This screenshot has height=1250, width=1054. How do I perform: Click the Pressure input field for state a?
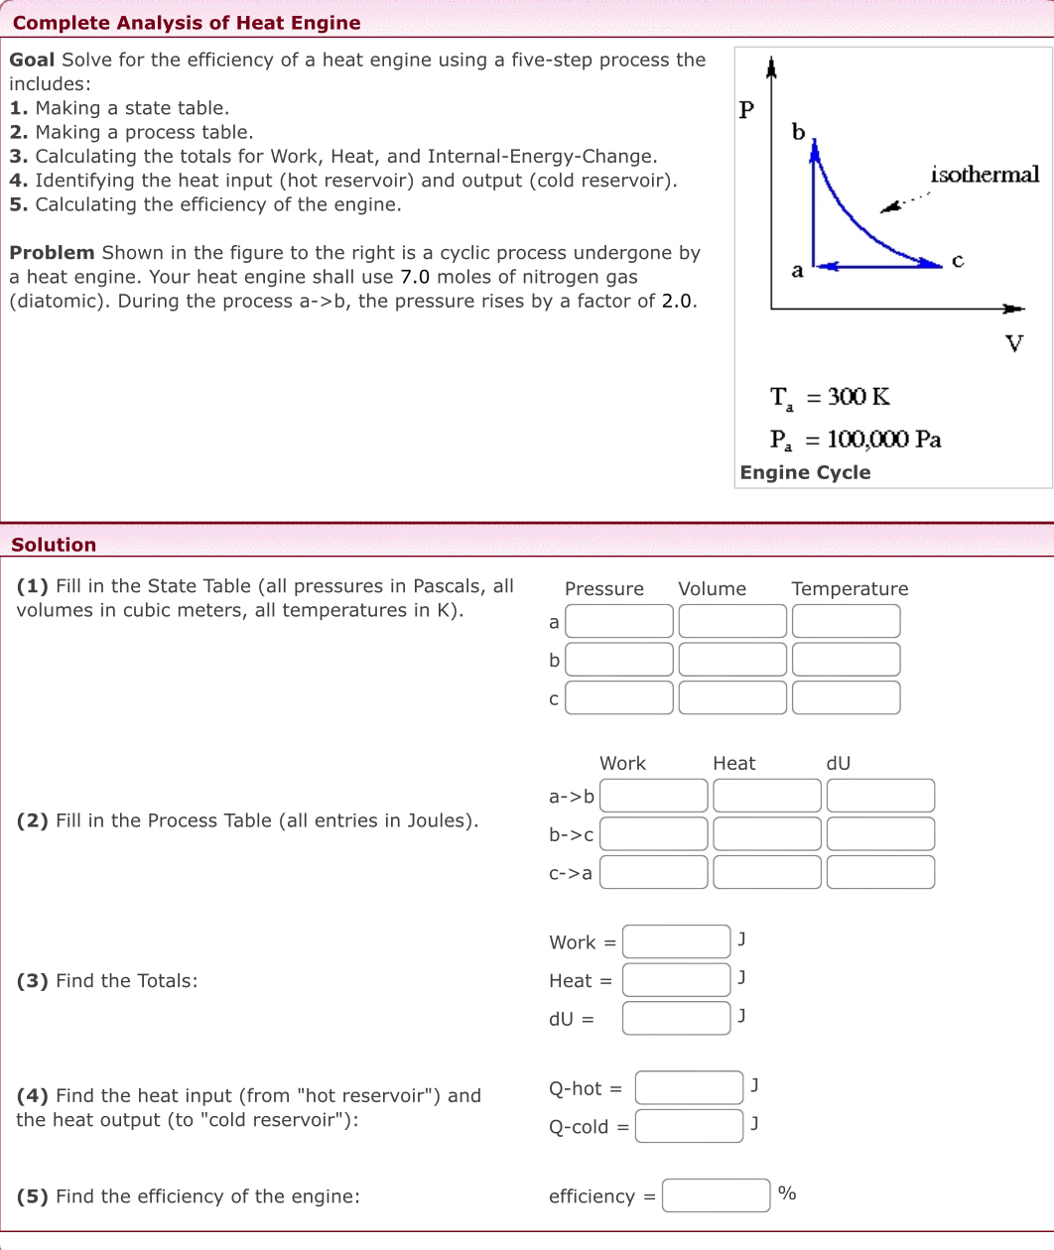(x=619, y=621)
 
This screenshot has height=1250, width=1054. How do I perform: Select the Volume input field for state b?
(x=732, y=660)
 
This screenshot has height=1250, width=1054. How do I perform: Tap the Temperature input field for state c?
(x=846, y=697)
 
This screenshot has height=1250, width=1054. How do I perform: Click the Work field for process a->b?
(x=653, y=796)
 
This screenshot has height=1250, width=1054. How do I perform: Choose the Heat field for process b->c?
(x=766, y=834)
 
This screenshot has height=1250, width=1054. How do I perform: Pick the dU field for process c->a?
(x=880, y=872)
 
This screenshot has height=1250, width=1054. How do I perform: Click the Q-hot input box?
(x=689, y=1088)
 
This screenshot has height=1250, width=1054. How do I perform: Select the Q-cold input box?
(x=689, y=1126)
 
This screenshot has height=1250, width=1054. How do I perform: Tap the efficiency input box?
(x=716, y=1195)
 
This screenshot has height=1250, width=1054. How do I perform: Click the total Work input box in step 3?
(x=676, y=941)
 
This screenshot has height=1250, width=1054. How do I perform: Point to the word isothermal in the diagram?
(x=985, y=175)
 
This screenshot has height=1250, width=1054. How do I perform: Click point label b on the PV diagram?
(x=798, y=132)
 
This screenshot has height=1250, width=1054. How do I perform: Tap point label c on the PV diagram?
(x=957, y=261)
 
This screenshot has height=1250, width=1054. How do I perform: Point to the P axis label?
(x=746, y=109)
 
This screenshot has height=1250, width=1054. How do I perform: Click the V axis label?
(x=1013, y=343)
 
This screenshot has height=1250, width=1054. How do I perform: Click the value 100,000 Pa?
(x=883, y=438)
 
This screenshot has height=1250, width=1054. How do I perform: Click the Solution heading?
(x=54, y=545)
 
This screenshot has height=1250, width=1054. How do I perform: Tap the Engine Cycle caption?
(x=805, y=472)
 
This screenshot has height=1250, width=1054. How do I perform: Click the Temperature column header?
(x=850, y=588)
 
